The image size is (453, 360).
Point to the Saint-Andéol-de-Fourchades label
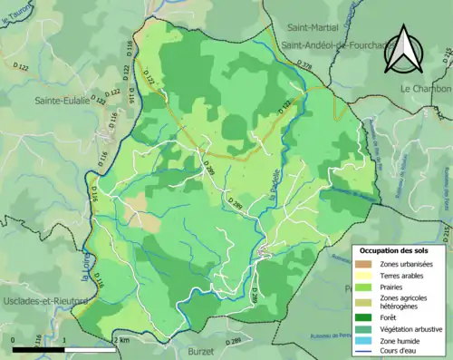pos(336,44)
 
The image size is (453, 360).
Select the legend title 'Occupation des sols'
pos(400,250)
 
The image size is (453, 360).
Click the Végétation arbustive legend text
pos(416,330)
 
